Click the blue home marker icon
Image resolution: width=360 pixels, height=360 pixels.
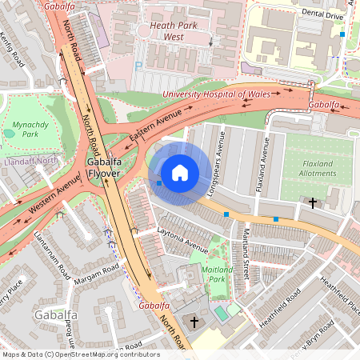tap(180, 173)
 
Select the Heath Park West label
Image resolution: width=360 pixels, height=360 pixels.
tap(173, 30)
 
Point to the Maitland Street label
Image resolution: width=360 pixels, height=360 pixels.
tap(246, 255)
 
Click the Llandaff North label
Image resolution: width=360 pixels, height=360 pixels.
tap(31, 160)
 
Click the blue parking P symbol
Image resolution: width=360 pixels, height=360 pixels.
tap(138, 68)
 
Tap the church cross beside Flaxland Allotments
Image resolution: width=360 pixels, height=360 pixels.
tap(313, 204)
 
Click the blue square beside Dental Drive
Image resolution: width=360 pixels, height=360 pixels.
tap(342, 34)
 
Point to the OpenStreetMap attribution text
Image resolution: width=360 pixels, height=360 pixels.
tap(80, 354)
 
